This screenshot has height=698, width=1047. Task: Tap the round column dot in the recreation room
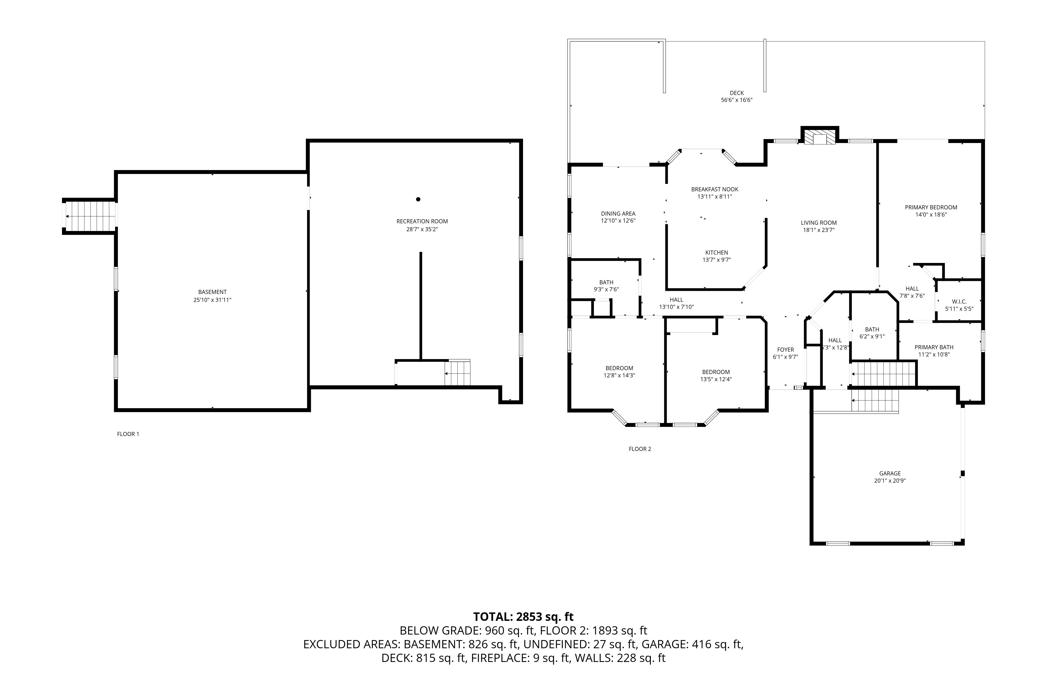coord(418,199)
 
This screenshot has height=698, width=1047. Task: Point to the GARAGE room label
coord(890,473)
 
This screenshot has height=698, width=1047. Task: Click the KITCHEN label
coord(716,252)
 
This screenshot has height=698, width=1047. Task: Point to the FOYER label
coord(785,349)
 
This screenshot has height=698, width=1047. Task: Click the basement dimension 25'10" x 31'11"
coord(212,299)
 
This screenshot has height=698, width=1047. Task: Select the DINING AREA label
coord(618,213)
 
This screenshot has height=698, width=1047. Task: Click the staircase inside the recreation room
coord(457,373)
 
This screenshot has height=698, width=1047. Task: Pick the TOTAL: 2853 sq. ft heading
coord(523,617)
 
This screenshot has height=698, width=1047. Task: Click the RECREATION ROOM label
coord(422,221)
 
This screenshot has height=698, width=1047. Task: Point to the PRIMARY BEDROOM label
coord(931,207)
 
